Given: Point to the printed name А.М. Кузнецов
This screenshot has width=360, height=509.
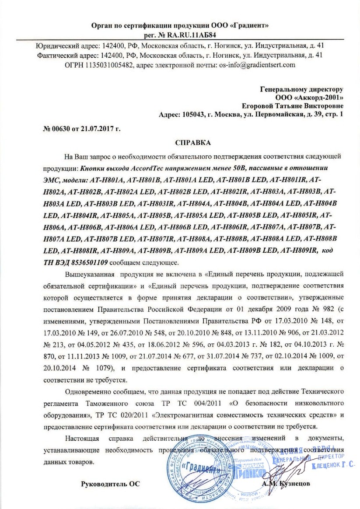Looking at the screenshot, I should [286, 484].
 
